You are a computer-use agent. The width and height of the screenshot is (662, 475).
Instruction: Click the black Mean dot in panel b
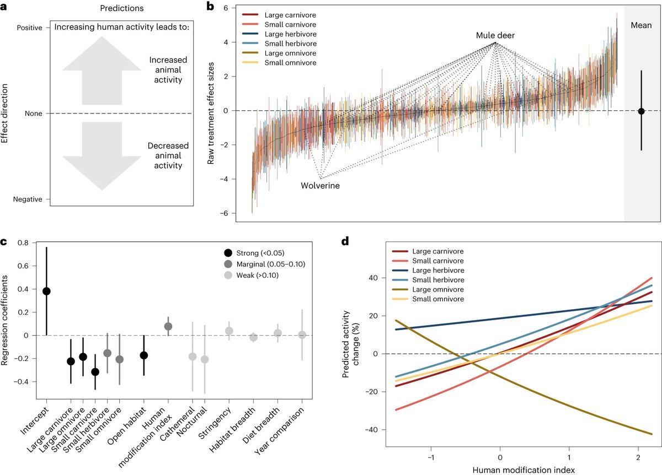(641, 111)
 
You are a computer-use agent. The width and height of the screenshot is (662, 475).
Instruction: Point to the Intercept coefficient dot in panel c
(46, 291)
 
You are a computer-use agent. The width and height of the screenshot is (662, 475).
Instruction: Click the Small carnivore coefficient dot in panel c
(95, 372)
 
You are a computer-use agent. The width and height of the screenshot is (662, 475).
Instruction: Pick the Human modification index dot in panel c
(168, 326)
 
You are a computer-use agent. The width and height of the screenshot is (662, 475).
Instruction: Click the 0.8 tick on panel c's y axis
(23, 242)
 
